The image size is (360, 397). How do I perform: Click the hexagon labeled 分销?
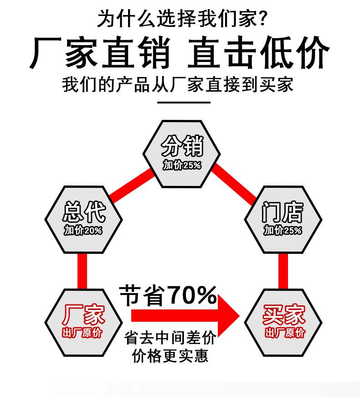(x=182, y=153)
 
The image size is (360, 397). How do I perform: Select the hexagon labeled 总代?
(x=84, y=218)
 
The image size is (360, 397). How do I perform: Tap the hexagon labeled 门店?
(x=283, y=219)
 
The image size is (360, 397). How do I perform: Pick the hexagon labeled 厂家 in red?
(x=84, y=321)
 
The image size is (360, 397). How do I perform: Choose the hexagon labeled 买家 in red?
(x=283, y=321)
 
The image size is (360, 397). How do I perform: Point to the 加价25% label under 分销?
(x=182, y=166)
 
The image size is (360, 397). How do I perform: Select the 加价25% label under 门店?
(x=283, y=231)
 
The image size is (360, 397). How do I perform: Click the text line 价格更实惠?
(x=170, y=356)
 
